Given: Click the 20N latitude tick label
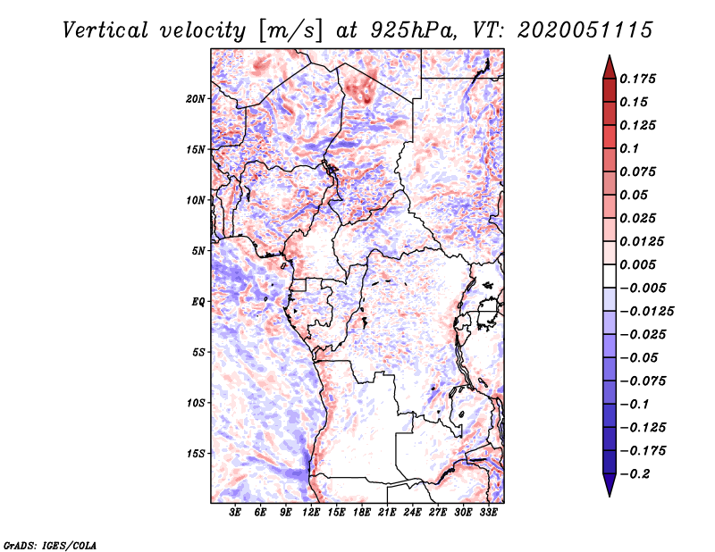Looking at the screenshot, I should point(196,98).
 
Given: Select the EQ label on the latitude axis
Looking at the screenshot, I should point(198,302).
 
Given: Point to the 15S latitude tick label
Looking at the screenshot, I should point(196,454).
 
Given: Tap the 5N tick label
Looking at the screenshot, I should point(198,251).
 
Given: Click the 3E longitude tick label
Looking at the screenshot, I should point(236,514).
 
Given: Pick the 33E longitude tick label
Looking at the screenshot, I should point(489,514).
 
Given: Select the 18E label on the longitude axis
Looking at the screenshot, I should point(362,514).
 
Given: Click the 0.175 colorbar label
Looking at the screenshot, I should point(638,79).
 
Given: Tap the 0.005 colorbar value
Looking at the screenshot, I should point(638,265).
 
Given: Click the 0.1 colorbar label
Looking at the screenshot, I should point(631,149).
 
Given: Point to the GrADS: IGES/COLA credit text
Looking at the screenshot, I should point(38,544).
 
